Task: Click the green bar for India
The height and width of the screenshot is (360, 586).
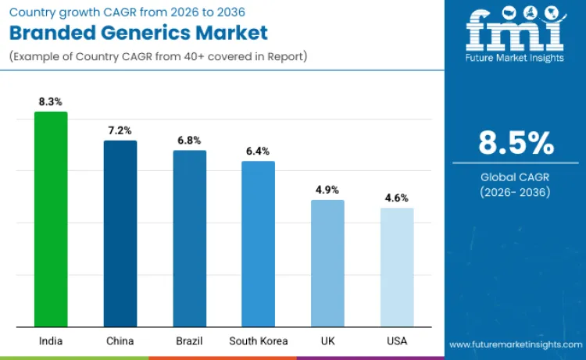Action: click(51, 219)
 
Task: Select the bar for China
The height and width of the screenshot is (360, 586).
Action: click(120, 233)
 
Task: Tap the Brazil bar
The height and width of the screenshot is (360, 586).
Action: click(189, 238)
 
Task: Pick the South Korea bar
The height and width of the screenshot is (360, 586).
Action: click(258, 244)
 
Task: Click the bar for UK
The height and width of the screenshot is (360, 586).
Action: click(327, 263)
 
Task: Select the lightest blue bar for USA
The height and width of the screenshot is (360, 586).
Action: click(397, 267)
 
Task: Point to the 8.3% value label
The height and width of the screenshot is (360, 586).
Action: click(51, 102)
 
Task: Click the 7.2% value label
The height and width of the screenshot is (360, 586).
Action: click(120, 130)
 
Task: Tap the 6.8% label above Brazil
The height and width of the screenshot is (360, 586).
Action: click(189, 141)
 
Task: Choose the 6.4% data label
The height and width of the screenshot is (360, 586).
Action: click(258, 151)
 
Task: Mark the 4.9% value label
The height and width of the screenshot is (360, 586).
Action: click(327, 190)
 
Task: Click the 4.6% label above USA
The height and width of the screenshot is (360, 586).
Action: click(397, 198)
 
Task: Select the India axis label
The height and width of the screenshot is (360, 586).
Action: click(51, 340)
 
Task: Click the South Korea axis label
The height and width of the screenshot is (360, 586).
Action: click(258, 340)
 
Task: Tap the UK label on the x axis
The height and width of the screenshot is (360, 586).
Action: click(327, 340)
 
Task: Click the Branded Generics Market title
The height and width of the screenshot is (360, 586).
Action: click(139, 33)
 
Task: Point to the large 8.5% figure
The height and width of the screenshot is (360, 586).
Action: click(516, 143)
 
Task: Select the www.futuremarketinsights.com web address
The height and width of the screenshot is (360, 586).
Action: click(515, 344)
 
